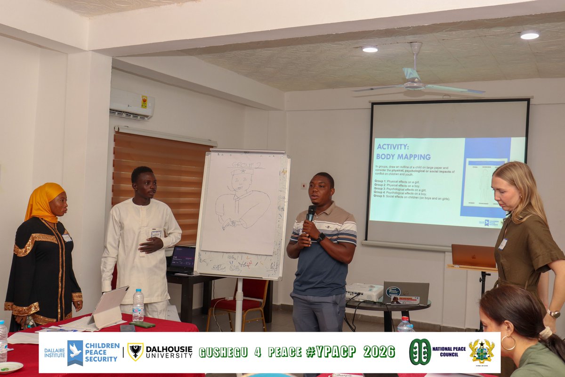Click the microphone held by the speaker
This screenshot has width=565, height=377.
click(x=311, y=213)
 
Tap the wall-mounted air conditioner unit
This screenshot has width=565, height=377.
click(x=132, y=104)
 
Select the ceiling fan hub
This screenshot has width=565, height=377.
click(x=414, y=85)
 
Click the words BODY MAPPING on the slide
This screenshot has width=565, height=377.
click(x=403, y=156)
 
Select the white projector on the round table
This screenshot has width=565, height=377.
click(x=364, y=292)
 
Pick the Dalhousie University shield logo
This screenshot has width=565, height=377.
click(x=135, y=352)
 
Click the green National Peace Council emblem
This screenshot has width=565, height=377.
click(x=420, y=352)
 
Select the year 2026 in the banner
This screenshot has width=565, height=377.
click(x=379, y=352)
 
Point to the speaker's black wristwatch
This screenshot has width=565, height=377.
click(x=321, y=237)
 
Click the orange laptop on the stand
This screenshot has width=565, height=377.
click(x=473, y=256)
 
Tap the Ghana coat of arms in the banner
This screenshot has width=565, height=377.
click(x=482, y=351)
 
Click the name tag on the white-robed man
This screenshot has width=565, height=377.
click(x=156, y=233)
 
